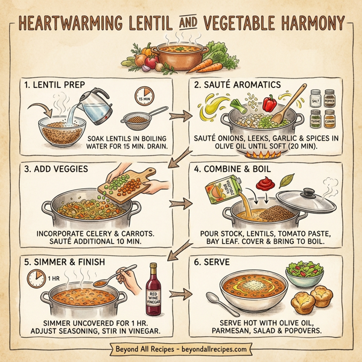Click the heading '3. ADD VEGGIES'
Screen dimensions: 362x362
click(54, 170)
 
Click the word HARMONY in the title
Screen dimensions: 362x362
click(298, 23)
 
